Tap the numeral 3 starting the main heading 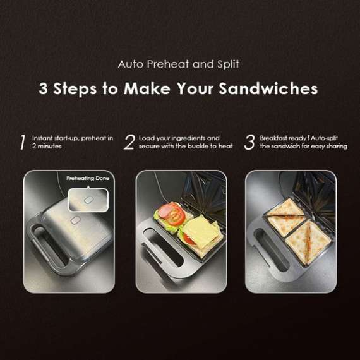click(x=44, y=88)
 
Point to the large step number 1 click(x=22, y=142)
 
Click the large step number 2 click(x=129, y=142)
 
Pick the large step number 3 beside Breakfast click(x=249, y=142)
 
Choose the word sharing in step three click(x=335, y=146)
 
